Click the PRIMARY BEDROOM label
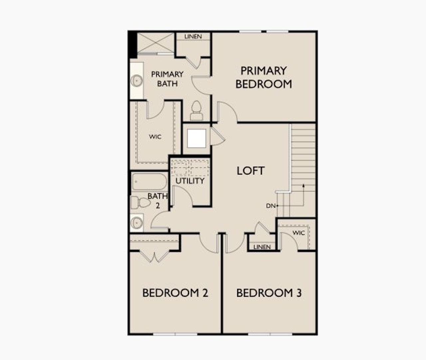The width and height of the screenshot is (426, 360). pos(264,77)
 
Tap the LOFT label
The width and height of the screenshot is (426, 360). pos(251,171)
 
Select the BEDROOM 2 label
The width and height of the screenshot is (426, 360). pos(175,293)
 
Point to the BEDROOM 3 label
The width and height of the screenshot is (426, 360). pos(269,293)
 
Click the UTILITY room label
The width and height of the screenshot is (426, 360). pos(190,181)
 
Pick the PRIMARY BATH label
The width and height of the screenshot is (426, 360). pos(167,79)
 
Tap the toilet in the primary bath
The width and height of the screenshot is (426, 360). pos(196,110)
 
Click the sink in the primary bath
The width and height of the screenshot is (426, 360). pos(136,80)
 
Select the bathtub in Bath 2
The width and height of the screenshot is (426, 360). pos(149,182)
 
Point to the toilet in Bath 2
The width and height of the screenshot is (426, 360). pos(140,202)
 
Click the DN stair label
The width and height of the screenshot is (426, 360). pos(271,206)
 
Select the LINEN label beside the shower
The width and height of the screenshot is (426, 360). pos(193,36)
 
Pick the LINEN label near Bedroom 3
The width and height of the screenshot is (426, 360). pos(262,247)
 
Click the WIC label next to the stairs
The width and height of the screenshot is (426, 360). pos(299,233)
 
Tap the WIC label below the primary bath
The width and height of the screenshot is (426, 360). pos(155,137)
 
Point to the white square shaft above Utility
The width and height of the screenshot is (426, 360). pos(196,139)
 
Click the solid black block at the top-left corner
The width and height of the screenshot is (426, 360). pos(132,44)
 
